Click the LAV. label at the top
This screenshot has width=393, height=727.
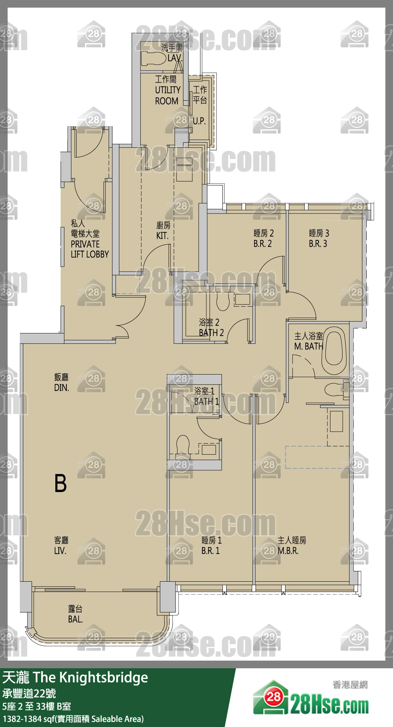point(175,58)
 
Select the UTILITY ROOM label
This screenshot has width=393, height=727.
point(168,95)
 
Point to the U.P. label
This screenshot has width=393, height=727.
point(199,121)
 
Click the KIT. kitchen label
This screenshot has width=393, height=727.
point(162,236)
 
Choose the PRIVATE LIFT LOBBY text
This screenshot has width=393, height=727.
point(90,249)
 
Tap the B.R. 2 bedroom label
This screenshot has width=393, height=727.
point(263,244)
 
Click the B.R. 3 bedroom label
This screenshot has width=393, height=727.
point(318,244)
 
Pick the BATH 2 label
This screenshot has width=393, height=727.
point(211,333)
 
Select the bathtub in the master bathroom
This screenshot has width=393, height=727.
point(334,351)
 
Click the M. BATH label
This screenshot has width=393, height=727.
point(309,346)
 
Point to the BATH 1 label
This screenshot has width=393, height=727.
point(207,401)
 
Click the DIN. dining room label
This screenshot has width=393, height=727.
point(61,388)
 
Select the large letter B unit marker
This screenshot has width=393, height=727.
point(61,483)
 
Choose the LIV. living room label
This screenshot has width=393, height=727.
point(60,551)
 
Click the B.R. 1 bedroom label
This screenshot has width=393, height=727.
point(211,551)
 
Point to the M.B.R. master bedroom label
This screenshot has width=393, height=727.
point(288,551)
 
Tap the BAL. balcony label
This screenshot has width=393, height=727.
point(75,619)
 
